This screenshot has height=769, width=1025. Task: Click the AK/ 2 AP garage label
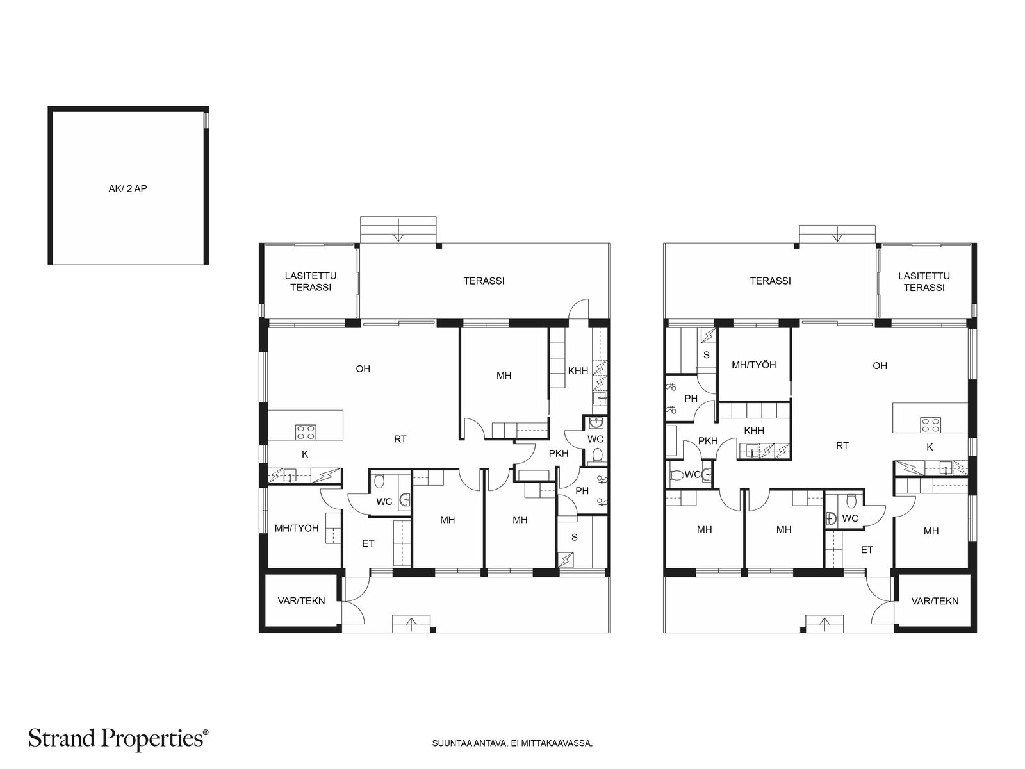click(x=127, y=189)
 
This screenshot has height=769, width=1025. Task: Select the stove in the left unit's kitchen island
click(x=305, y=432)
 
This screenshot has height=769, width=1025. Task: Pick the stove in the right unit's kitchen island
click(x=930, y=424)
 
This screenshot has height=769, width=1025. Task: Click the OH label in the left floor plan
click(x=363, y=369)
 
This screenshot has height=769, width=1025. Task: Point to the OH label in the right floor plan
click(x=880, y=366)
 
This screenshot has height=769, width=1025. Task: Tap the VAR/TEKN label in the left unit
click(x=301, y=601)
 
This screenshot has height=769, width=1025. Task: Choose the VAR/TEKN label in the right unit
click(x=935, y=601)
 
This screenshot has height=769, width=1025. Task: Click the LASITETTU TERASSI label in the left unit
click(x=311, y=282)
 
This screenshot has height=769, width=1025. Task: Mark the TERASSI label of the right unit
click(x=771, y=281)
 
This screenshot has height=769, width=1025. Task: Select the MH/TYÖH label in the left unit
click(x=297, y=529)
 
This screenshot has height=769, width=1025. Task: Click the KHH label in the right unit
click(x=754, y=431)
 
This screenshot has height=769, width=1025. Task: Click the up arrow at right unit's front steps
click(x=826, y=623)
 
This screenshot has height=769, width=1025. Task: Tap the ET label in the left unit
click(x=368, y=543)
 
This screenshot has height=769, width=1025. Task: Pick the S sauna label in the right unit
click(x=707, y=354)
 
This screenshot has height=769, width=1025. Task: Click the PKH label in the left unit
click(x=559, y=454)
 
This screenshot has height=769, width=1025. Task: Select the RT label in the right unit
click(x=842, y=446)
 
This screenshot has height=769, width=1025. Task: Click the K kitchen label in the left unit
click(x=305, y=454)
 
